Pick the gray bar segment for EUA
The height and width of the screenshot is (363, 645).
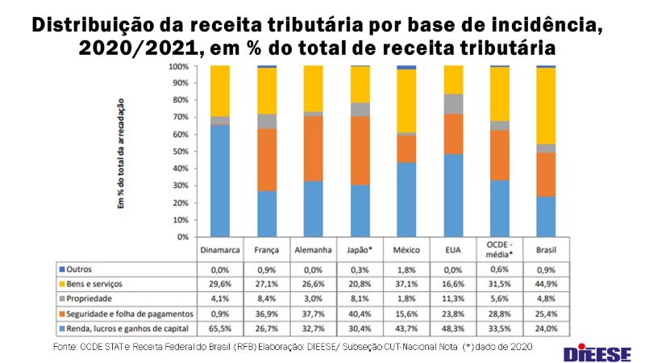coord(452,104)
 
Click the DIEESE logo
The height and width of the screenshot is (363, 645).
coord(597,352)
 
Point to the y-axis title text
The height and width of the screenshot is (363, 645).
coord(122,153)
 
